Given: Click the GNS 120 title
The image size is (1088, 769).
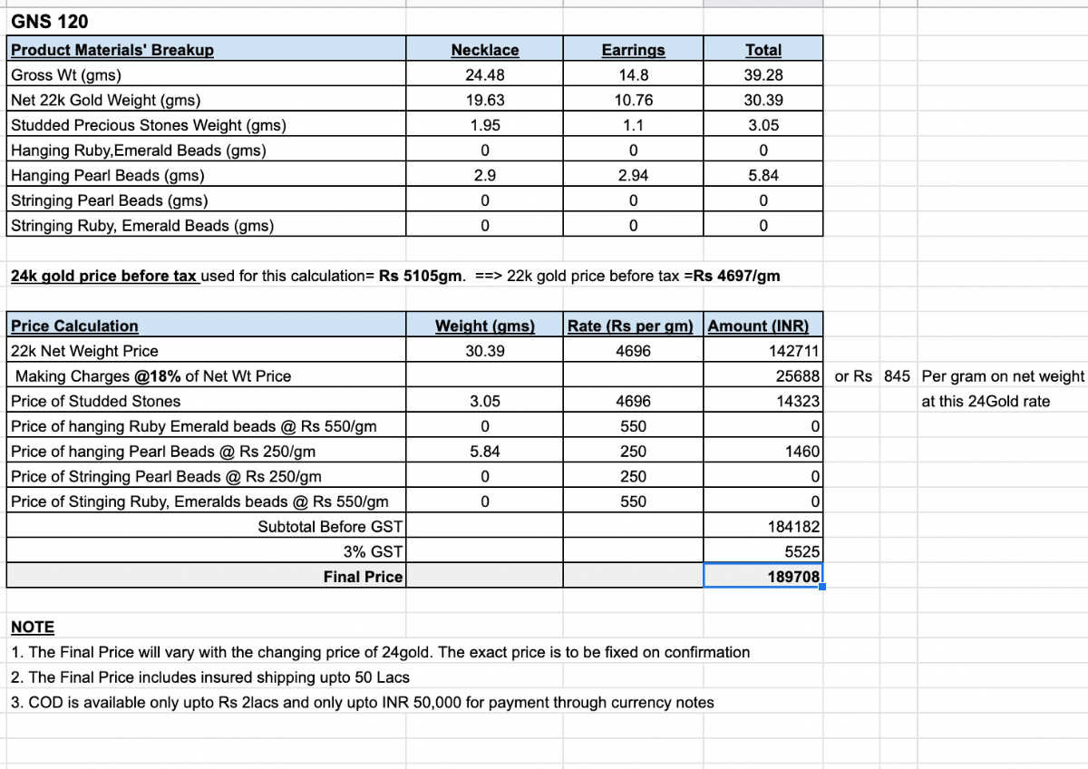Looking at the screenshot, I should click(50, 21).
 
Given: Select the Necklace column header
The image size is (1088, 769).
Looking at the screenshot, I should click(485, 50).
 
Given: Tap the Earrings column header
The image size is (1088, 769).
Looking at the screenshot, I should click(633, 50).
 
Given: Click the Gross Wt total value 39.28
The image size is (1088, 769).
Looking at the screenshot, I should click(763, 75).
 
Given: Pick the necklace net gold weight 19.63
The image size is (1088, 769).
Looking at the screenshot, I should click(485, 101).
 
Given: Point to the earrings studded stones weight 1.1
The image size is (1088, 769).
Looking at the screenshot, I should click(633, 125).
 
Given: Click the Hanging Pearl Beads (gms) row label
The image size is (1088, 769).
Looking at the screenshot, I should click(108, 175).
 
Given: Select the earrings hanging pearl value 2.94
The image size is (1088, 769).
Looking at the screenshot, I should click(633, 175).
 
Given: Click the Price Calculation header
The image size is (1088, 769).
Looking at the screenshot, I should click(74, 326).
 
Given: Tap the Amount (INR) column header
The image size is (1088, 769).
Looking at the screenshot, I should click(758, 326).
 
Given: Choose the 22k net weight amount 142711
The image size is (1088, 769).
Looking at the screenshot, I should click(793, 351).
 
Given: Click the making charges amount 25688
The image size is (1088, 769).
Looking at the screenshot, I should click(798, 376).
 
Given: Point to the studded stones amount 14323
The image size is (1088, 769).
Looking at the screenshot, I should click(798, 401).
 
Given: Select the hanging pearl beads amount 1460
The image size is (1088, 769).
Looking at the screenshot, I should click(801, 452).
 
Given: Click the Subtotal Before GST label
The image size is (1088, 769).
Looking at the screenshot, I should click(330, 527).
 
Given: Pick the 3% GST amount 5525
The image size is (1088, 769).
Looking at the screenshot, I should click(801, 551).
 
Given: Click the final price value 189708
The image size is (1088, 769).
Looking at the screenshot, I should click(793, 577).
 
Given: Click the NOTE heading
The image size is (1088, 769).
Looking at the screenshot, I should click(33, 627).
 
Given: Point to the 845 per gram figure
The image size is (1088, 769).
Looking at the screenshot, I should click(895, 376).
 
